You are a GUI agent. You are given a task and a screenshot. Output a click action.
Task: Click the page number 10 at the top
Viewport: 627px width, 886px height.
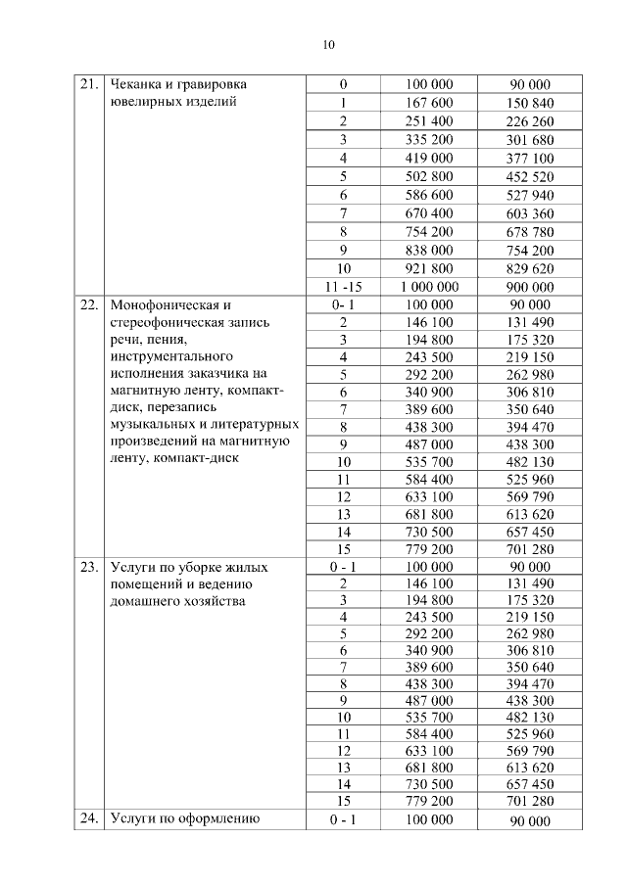point(328,44)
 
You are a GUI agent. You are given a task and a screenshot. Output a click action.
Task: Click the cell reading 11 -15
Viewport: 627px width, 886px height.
point(343,287)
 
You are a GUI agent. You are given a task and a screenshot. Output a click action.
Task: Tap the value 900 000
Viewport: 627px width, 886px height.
point(531,287)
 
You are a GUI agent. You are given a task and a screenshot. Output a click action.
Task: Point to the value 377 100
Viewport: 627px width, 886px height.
point(531,158)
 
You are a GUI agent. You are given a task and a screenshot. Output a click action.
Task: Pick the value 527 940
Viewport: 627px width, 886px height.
point(531,195)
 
